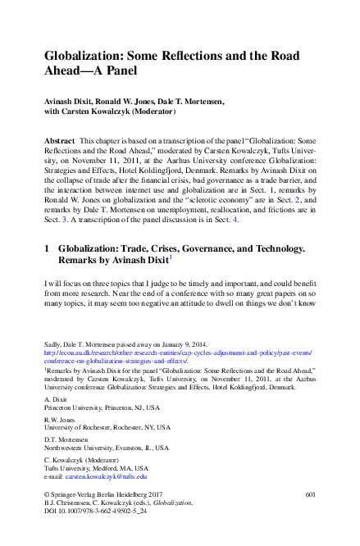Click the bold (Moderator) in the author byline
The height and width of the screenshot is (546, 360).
153,111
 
